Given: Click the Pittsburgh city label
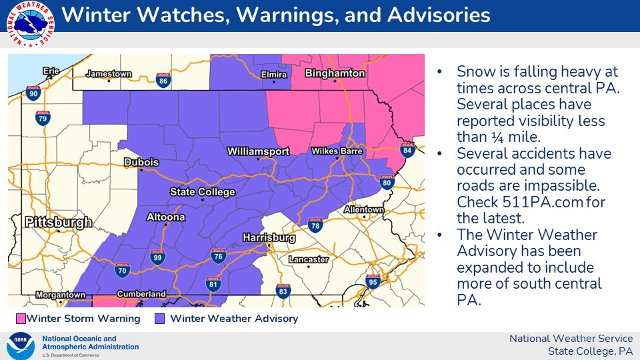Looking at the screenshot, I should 58,222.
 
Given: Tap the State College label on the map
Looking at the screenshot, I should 203,192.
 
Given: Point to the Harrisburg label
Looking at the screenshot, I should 269,237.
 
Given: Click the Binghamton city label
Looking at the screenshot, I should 335,73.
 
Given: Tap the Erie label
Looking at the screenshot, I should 51,71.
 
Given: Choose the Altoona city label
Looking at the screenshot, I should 166,217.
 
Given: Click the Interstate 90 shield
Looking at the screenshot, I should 31,93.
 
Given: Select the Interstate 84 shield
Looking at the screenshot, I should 408,151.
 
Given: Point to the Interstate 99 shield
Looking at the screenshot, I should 157,257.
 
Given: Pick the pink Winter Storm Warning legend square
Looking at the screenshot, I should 21,319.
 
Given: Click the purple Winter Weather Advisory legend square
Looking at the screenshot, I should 160,319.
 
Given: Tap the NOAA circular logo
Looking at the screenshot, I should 21,346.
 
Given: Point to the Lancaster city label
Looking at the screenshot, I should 309,259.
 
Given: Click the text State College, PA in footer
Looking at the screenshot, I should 589,351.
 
